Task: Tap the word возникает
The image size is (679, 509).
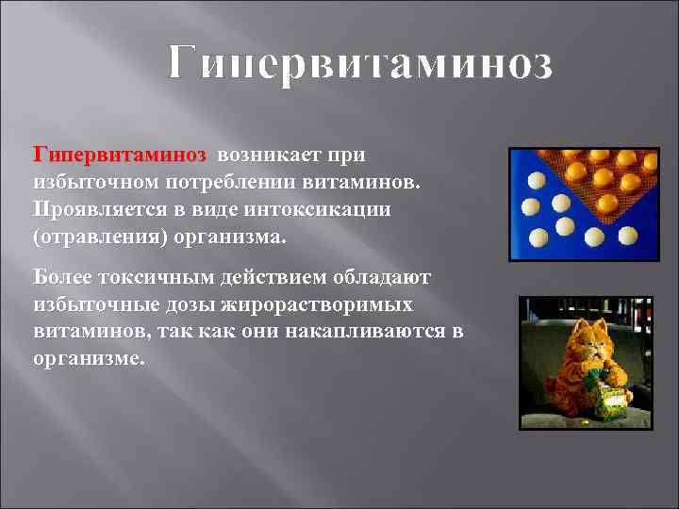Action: click(274, 154)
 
